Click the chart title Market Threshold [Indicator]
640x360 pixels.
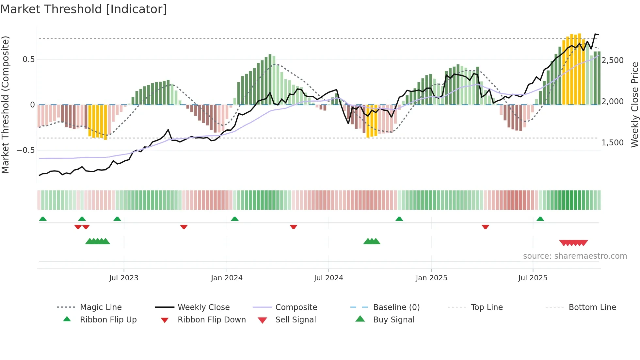pyautogui.click(x=84, y=9)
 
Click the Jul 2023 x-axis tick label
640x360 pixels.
pyautogui.click(x=124, y=278)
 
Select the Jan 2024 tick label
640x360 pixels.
pyautogui.click(x=227, y=278)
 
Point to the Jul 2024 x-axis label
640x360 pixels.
pyautogui.click(x=328, y=278)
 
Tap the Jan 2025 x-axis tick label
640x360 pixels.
pyautogui.click(x=431, y=278)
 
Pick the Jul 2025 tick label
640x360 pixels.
pyautogui.click(x=533, y=278)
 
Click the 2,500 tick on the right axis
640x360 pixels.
pyautogui.click(x=613, y=60)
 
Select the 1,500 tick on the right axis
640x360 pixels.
pyautogui.click(x=613, y=143)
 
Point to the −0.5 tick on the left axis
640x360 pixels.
pyautogui.click(x=25, y=150)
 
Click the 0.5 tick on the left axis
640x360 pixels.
pyautogui.click(x=28, y=59)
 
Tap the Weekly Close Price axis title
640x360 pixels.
pyautogui.click(x=634, y=105)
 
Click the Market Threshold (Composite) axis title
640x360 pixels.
pyautogui.click(x=5, y=105)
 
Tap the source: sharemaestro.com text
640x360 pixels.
pyautogui.click(x=575, y=256)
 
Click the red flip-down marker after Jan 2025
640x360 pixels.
pyautogui.click(x=485, y=227)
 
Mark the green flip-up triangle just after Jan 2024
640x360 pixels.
pyautogui.click(x=234, y=219)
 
